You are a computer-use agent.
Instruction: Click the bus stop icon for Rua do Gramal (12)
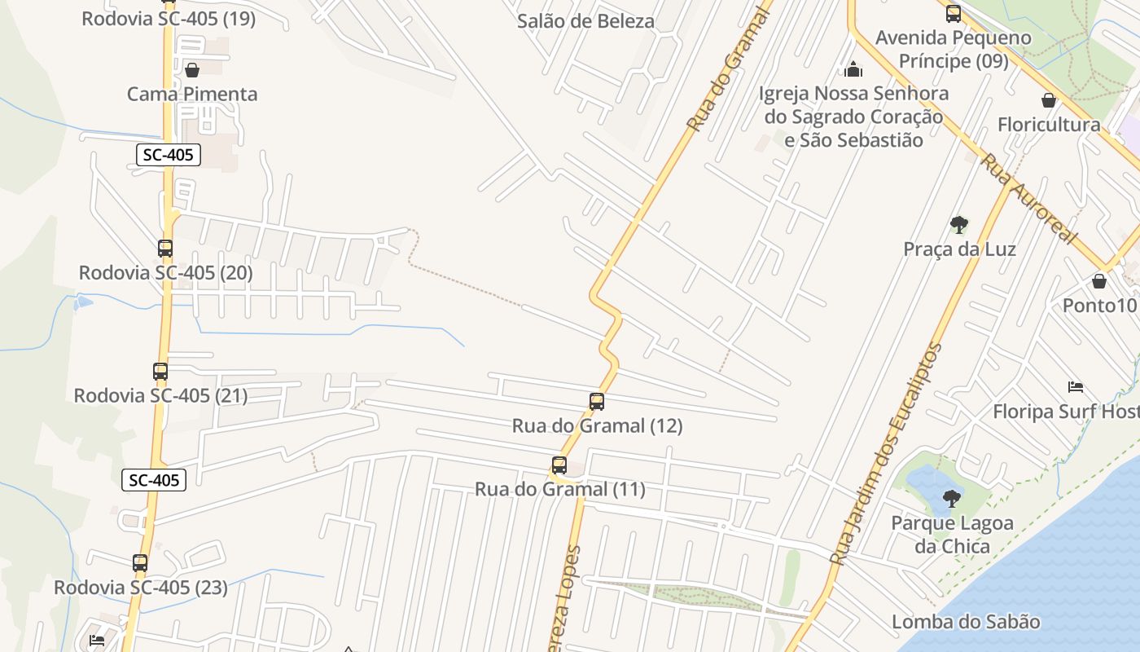(597, 401)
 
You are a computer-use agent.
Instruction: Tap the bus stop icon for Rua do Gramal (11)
(559, 465)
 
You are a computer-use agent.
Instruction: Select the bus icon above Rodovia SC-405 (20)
(165, 248)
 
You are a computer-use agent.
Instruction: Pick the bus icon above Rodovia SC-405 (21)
(160, 372)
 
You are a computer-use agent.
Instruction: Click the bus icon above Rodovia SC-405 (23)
(140, 562)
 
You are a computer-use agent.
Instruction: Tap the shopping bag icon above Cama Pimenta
(192, 70)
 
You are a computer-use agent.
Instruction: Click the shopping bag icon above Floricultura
(1049, 100)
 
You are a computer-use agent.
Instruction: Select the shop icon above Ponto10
(1099, 281)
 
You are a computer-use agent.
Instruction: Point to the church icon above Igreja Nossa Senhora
(853, 69)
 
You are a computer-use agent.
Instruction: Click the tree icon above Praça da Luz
(959, 224)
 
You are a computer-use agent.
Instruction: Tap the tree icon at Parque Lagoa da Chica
(951, 498)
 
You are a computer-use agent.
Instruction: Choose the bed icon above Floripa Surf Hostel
(1075, 386)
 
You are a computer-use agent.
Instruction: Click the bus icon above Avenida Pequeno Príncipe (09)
(954, 13)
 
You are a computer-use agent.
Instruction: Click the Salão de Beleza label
(585, 21)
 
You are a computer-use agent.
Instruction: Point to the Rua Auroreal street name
(1028, 196)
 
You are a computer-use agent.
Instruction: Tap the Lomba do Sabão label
(966, 622)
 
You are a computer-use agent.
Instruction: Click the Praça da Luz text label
(959, 249)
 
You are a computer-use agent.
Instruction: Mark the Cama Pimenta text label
(192, 94)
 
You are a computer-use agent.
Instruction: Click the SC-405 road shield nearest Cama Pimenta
(169, 155)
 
